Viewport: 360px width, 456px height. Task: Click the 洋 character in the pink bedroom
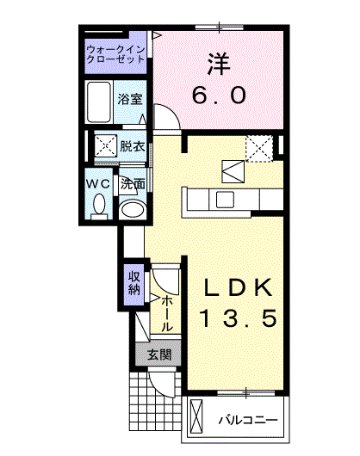point(219,64)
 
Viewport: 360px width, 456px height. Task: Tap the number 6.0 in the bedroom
point(219,96)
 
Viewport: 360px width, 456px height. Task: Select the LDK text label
point(239,287)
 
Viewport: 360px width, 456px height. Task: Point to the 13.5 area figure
point(238,317)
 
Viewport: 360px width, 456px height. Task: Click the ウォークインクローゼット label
point(115,54)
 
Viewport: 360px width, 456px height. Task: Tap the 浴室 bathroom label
point(130,99)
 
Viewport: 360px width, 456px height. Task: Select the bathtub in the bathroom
point(99,102)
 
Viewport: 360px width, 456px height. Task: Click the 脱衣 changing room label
point(133,146)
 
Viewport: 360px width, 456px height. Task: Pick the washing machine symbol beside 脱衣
point(105,145)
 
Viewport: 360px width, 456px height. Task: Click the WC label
point(98,184)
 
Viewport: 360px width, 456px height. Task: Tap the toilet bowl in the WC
point(99,204)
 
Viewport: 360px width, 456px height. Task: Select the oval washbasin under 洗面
point(133,208)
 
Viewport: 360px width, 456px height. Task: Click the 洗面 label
point(133,183)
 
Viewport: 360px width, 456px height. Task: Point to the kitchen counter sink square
point(225,200)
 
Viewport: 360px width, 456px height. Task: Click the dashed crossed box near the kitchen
point(259,148)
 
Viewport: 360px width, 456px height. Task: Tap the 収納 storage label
point(134,283)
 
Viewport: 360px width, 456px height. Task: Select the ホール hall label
point(167,313)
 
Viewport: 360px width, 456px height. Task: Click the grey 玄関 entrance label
point(159,354)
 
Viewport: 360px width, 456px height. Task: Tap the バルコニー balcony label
point(248,420)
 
